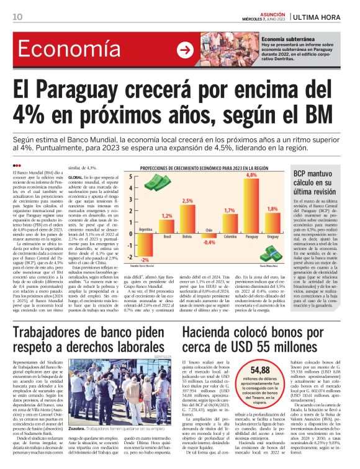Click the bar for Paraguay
click(252, 205)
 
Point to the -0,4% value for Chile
click(210, 242)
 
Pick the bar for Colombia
click(229, 222)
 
